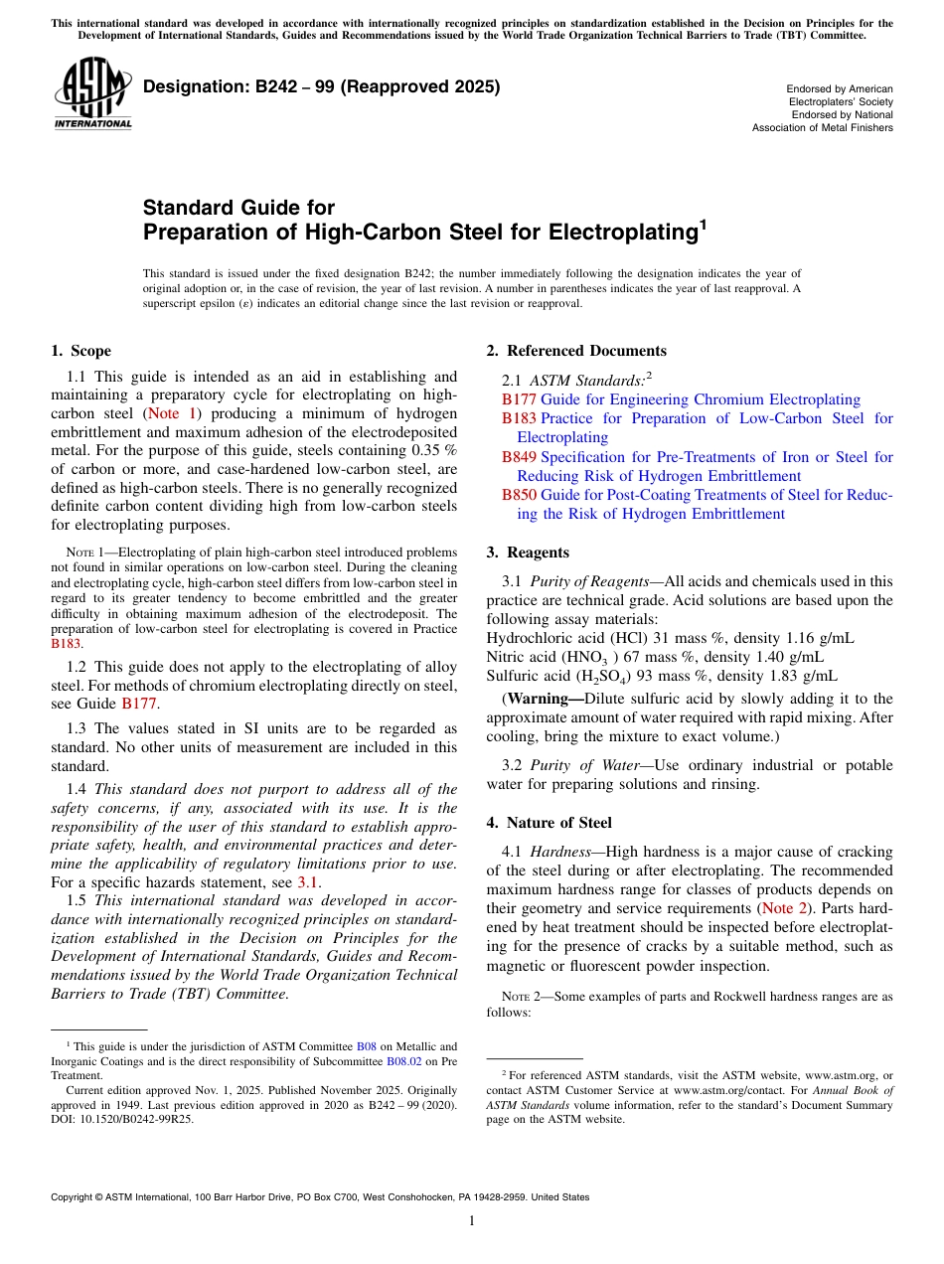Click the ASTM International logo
92,94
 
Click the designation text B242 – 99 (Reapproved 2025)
321,87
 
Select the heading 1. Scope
81,351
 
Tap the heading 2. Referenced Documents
576,351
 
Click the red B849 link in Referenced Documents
519,457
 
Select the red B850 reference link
519,495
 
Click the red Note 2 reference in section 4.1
783,908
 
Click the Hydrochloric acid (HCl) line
670,638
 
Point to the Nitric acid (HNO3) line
655,657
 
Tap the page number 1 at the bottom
472,1221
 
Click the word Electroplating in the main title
620,234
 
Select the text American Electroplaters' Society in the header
841,95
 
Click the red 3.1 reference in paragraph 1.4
308,882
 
